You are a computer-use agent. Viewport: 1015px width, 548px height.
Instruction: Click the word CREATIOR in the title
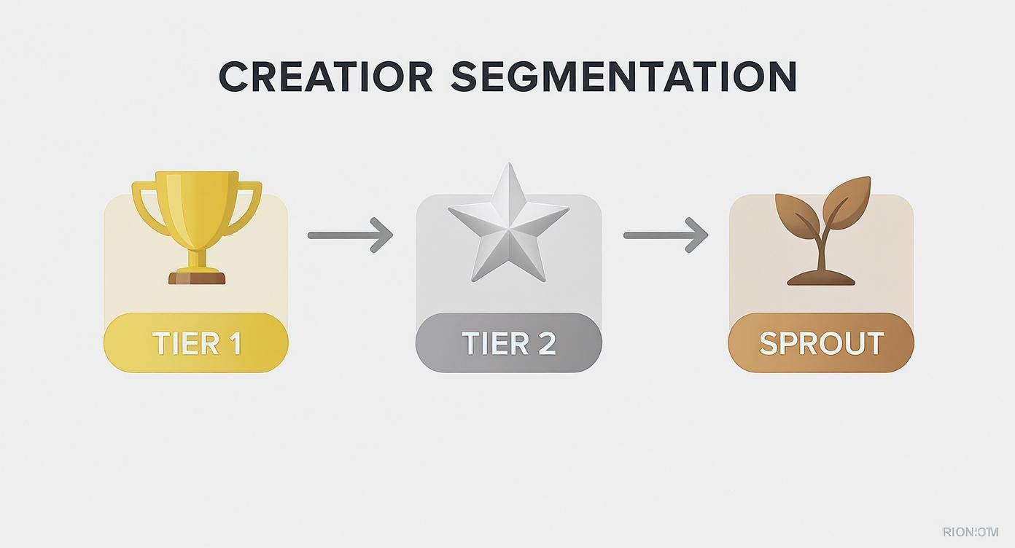click(325, 77)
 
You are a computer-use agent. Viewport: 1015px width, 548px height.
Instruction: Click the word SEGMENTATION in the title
click(623, 77)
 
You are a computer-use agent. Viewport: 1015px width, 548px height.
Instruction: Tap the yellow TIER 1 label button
click(196, 343)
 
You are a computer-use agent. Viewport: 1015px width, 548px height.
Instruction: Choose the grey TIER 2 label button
click(508, 343)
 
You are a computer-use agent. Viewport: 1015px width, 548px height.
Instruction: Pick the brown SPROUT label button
click(821, 343)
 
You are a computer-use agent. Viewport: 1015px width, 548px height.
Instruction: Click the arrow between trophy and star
click(351, 235)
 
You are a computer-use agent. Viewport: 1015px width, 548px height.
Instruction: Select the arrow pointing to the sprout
click(666, 235)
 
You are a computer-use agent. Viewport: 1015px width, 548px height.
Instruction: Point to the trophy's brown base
click(197, 278)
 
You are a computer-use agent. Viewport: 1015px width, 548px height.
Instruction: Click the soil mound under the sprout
click(821, 278)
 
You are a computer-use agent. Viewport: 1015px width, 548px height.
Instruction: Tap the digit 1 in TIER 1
click(233, 343)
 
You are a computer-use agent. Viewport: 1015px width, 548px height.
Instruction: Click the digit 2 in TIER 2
click(545, 343)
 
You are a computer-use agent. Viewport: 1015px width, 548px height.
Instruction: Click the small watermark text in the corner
click(970, 532)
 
